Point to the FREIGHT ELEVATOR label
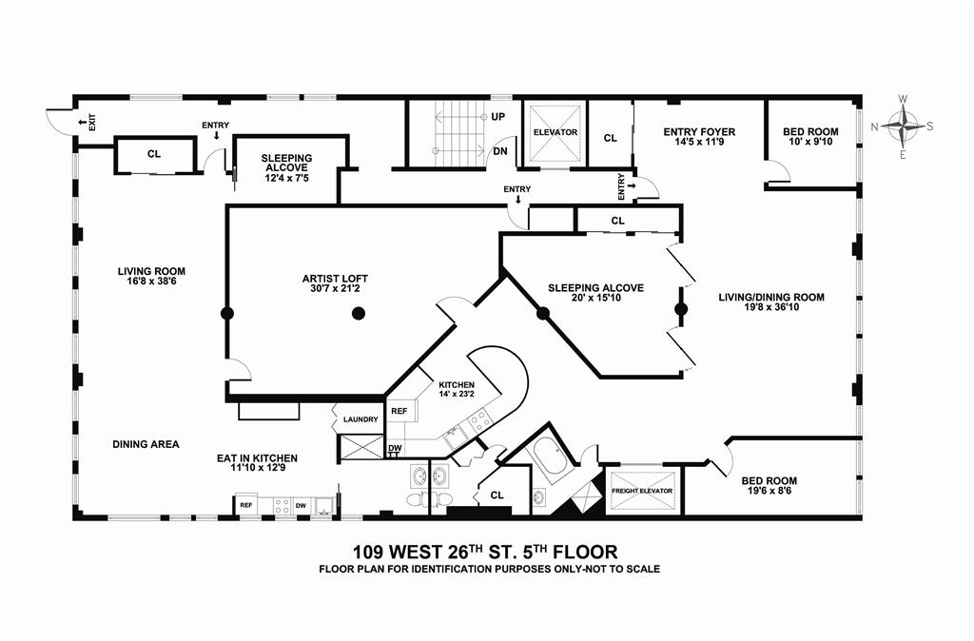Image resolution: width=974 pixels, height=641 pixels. (x=642, y=491)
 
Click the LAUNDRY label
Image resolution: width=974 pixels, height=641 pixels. (x=360, y=419)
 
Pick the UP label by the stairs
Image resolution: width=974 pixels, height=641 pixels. (x=497, y=118)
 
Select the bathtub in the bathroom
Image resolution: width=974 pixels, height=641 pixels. (x=550, y=463)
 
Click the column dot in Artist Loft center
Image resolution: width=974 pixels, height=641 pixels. (x=358, y=313)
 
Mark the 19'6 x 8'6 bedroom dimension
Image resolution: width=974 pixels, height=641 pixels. (x=769, y=493)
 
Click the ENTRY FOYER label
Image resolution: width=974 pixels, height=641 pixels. (x=698, y=131)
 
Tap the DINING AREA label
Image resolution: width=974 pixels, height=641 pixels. (x=146, y=444)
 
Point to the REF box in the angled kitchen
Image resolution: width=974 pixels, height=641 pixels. (x=399, y=411)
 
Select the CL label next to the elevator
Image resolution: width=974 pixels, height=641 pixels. (x=610, y=138)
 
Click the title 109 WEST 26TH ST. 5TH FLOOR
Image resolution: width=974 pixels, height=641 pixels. (x=485, y=551)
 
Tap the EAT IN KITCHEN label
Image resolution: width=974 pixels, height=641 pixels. (x=257, y=457)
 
